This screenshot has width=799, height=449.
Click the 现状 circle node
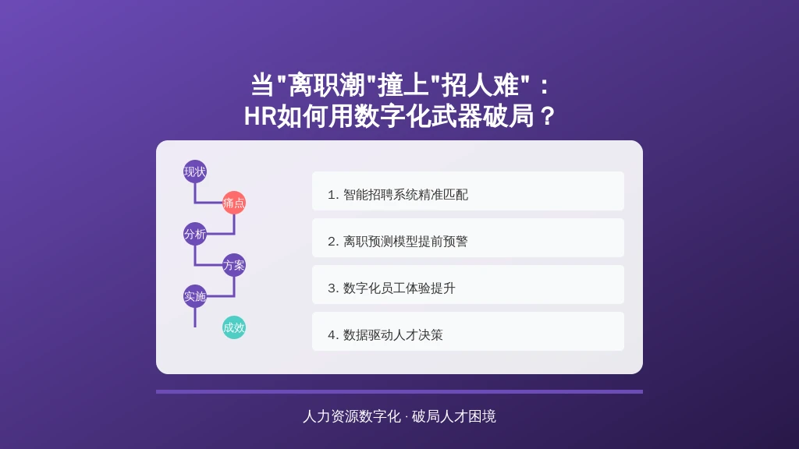(x=194, y=171)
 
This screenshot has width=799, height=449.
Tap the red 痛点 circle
(x=234, y=203)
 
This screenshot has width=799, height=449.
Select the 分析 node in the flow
(x=194, y=234)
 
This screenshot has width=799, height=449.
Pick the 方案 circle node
(x=234, y=265)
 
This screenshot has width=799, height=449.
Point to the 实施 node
(x=194, y=296)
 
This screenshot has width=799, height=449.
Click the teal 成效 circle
(x=234, y=327)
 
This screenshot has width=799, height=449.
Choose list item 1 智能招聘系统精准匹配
(x=468, y=191)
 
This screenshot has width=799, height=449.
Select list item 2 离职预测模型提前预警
(x=468, y=238)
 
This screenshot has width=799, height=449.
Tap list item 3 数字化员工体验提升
(x=468, y=285)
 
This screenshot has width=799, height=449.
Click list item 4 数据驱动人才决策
(x=468, y=331)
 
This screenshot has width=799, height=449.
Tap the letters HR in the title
(x=260, y=117)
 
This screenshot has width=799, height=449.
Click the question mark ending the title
(x=547, y=117)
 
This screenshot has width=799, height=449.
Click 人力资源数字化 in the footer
(x=352, y=416)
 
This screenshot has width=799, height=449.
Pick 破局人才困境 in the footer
(x=453, y=416)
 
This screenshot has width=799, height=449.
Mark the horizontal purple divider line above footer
(x=399, y=391)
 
